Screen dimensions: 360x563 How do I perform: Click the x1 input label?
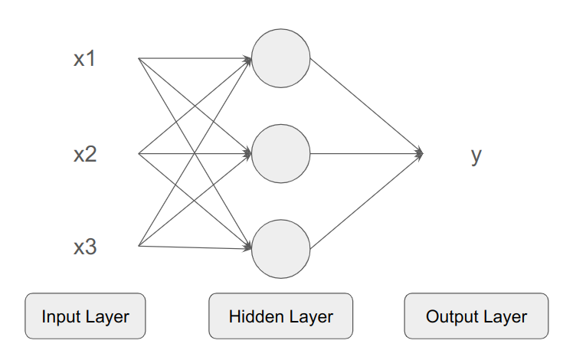pos(84,59)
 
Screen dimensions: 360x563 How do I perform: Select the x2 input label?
pos(84,154)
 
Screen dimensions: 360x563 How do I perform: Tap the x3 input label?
pos(84,247)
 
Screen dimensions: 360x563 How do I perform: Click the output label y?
pos(476,155)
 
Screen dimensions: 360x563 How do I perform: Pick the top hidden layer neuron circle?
pos(280,58)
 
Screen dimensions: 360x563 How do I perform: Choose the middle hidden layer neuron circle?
pos(280,154)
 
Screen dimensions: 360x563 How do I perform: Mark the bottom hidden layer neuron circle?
pos(280,249)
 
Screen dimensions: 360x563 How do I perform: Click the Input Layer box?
pos(85,316)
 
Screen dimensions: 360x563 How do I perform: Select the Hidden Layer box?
pos(280,316)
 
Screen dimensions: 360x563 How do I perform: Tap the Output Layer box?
pos(476,316)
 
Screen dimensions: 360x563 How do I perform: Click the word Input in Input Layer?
pos(59,316)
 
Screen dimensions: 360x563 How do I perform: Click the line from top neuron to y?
pos(364,105)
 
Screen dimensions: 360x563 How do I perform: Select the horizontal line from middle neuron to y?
pos(364,154)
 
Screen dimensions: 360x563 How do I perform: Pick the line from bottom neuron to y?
pos(364,201)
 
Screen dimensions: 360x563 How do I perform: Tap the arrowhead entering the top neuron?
pos(247,59)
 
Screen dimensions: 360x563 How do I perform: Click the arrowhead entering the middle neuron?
pos(247,154)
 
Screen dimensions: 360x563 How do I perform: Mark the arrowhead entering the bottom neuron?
pos(247,248)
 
